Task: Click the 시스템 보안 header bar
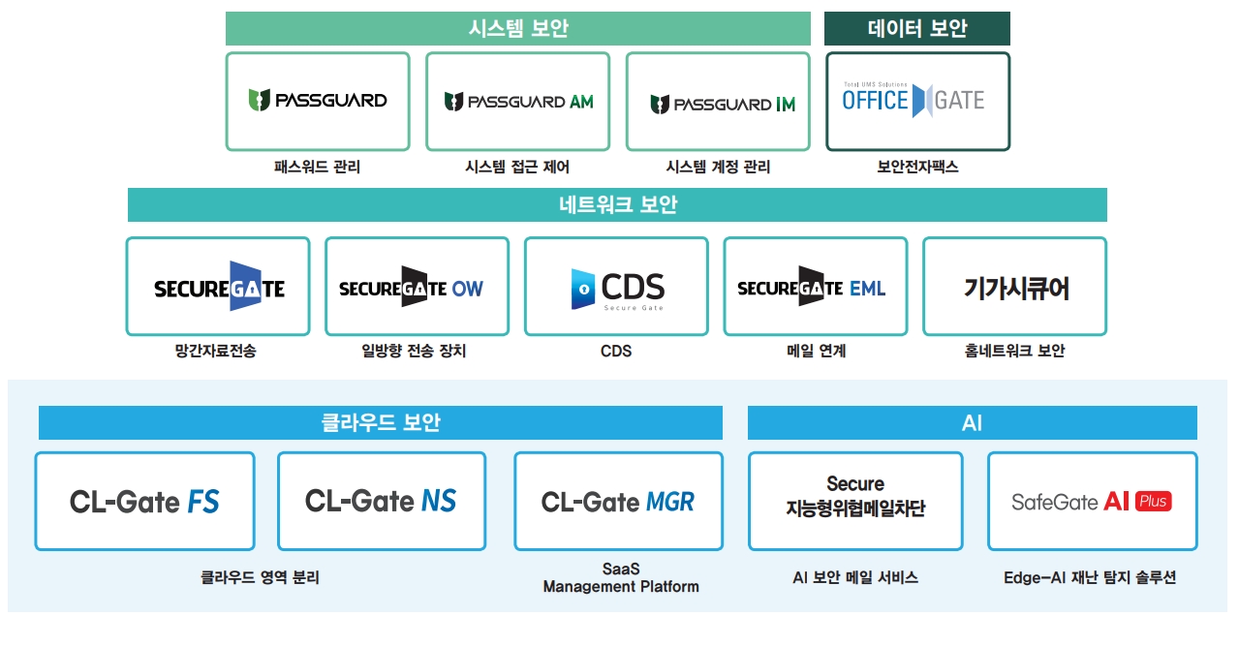[x=517, y=29]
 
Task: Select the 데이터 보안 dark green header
[x=916, y=29]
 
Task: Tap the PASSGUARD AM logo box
[x=517, y=102]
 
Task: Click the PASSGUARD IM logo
[x=718, y=103]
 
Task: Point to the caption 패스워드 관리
[x=317, y=168]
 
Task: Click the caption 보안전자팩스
[x=916, y=168]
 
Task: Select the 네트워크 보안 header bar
[x=617, y=205]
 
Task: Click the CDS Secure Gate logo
[x=616, y=288]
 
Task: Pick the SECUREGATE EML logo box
[x=815, y=288]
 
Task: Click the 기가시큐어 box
[x=1014, y=288]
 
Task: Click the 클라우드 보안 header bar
[x=381, y=423]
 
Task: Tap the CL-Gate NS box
[x=382, y=501]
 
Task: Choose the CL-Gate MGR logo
[x=617, y=502]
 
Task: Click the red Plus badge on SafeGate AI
[x=1153, y=502]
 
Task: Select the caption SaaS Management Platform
[x=620, y=578]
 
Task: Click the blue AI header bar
[x=972, y=423]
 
